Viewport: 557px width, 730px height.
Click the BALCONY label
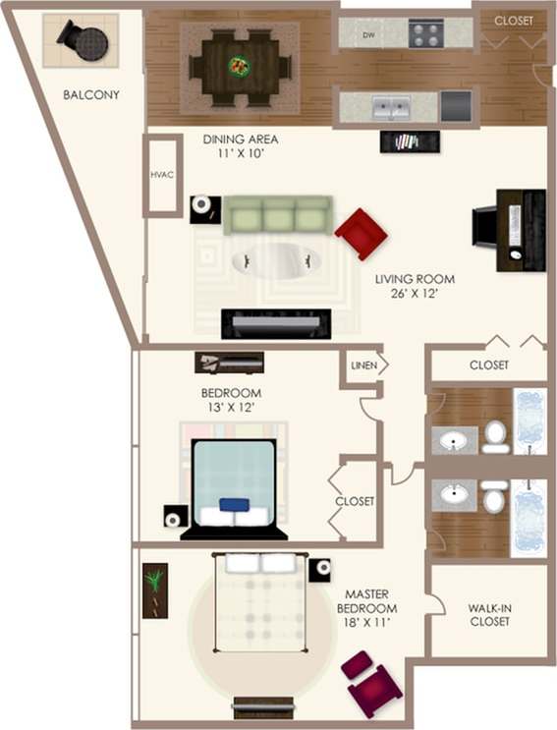[90, 95]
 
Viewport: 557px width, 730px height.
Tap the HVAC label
[161, 175]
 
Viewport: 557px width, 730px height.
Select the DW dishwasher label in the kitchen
[368, 35]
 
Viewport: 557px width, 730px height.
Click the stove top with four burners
[426, 34]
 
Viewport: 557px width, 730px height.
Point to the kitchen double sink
[390, 105]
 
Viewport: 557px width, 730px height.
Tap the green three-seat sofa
[276, 213]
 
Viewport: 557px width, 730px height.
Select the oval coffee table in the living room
[276, 260]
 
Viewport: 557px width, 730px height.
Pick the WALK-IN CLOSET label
[490, 614]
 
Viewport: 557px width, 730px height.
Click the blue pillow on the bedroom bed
[234, 505]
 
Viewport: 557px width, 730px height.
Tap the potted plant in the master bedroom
[155, 587]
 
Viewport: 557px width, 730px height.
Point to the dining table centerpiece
[240, 67]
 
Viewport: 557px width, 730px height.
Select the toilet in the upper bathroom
[496, 434]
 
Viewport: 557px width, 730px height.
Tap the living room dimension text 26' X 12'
[416, 292]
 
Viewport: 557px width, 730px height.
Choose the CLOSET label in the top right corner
[514, 20]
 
